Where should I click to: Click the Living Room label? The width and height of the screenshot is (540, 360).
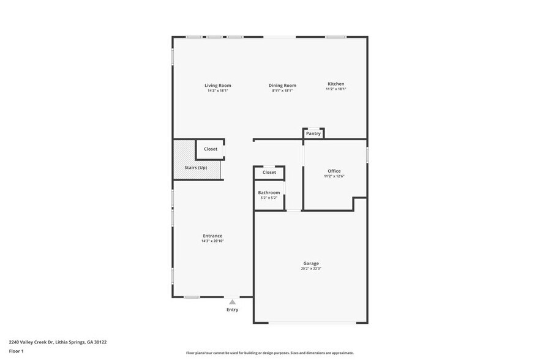point(217,85)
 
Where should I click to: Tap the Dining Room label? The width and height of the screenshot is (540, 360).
point(282,85)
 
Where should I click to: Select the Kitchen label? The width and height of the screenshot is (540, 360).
point(336,84)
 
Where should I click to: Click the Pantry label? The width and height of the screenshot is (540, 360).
point(313,133)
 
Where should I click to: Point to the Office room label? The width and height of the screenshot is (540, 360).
point(334,171)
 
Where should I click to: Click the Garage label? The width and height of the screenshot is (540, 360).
point(310,263)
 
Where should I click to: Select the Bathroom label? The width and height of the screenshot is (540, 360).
point(269,192)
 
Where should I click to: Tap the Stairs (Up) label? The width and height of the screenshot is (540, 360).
point(196,167)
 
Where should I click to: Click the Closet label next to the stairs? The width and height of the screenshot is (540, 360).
point(210,149)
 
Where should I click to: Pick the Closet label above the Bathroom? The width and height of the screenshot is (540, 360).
point(269,172)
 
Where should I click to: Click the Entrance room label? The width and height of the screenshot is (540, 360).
point(212,236)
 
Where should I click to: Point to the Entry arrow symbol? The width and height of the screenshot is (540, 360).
point(232,302)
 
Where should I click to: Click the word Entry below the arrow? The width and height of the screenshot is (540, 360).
point(232,310)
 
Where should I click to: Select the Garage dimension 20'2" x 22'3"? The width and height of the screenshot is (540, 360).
point(310,269)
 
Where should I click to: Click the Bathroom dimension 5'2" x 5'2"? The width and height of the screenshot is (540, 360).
point(269,198)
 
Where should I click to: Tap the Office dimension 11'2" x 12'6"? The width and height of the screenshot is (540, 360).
point(334,176)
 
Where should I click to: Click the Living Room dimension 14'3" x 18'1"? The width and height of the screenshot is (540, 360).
point(217,91)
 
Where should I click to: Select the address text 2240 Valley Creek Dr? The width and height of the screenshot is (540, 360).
point(32,342)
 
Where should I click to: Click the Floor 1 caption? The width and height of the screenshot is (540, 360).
point(16,351)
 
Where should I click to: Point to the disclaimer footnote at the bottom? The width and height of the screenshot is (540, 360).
point(269,353)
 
